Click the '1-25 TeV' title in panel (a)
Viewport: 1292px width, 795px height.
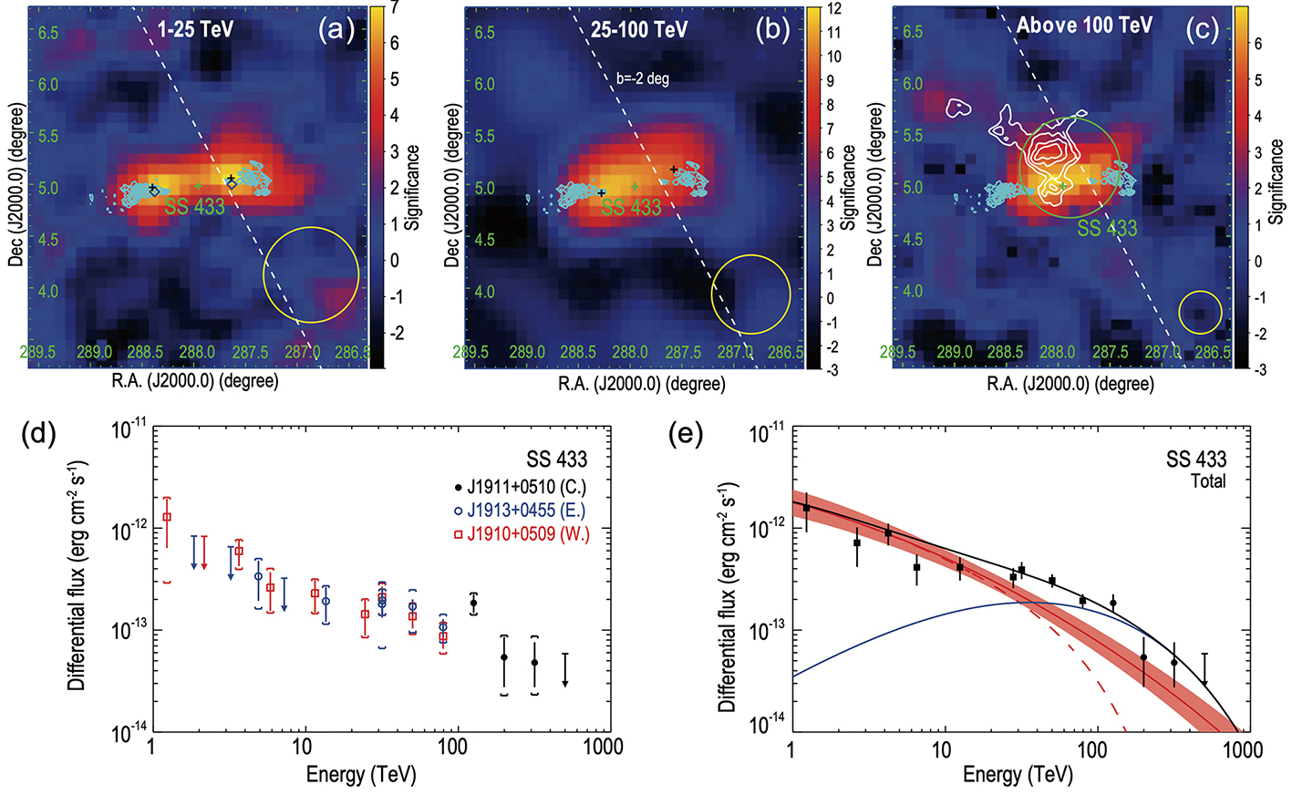195,29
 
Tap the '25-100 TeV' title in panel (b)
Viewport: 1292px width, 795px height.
638,30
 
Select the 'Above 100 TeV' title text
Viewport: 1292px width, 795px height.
1084,26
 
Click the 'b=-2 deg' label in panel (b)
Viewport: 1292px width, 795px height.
642,78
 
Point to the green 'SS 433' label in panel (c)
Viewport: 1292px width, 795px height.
1107,228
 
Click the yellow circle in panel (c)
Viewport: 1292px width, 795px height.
1200,313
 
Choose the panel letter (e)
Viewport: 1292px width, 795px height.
685,434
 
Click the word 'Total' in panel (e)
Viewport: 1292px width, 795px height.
1208,480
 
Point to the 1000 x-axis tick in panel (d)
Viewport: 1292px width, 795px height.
604,748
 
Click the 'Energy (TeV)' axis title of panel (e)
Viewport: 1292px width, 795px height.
1018,775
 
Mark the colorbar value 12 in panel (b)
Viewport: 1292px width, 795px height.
834,8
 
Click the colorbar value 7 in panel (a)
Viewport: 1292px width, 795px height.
394,8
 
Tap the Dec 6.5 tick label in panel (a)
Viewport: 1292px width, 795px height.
48,33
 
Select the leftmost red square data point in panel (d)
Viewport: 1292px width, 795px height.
167,517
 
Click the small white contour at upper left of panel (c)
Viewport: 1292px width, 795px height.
958,108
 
